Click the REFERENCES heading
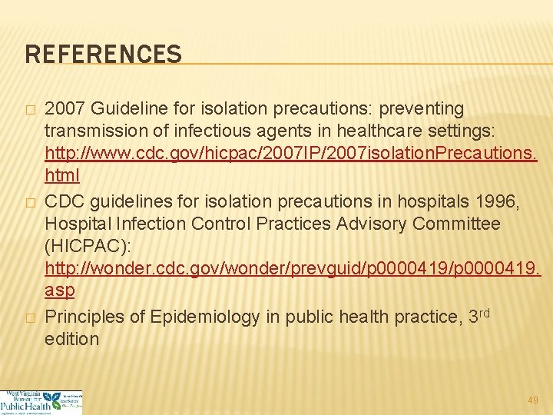pos(104,55)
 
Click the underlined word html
pos(62,174)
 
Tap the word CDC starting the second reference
pos(65,202)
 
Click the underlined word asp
pos(60,290)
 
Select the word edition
pos(72,339)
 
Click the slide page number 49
pos(533,400)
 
